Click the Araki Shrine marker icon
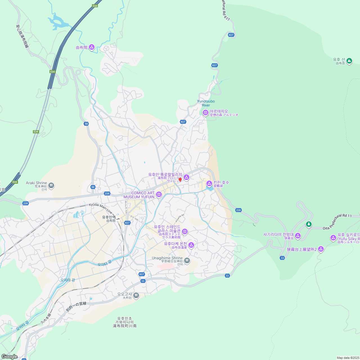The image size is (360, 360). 51,185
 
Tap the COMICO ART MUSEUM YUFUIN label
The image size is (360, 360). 139,195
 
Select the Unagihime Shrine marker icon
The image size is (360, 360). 187,261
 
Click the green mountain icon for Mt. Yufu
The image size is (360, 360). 349,60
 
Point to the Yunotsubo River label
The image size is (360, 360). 206,103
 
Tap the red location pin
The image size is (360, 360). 180,180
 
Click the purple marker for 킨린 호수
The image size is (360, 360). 209,184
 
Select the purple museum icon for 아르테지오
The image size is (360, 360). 206,113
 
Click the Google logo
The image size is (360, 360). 9,357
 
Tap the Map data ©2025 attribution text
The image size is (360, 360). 348,358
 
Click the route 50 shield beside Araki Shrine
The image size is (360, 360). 93,187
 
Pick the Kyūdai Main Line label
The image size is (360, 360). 101,208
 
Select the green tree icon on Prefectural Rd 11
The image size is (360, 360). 309,224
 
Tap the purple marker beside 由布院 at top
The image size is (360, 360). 92,47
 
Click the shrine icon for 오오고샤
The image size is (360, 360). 136,295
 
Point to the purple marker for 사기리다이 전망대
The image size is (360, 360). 298,236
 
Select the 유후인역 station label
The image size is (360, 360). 109,217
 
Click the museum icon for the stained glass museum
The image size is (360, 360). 185,231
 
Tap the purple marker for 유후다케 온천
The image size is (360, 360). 191,245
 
